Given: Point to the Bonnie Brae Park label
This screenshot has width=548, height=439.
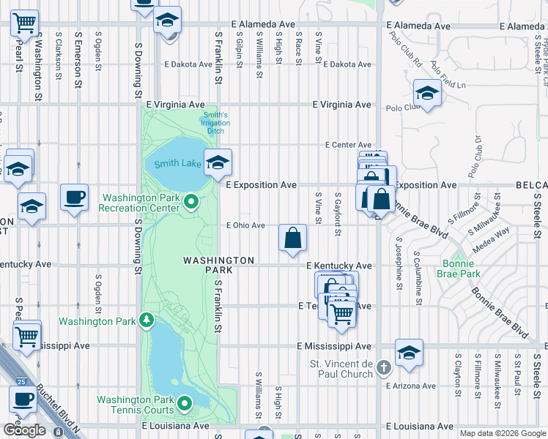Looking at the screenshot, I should click(462, 268).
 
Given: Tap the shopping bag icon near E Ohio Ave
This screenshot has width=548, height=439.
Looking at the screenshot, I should click(292, 237).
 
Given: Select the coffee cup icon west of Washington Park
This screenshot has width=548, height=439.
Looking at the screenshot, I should click(74, 198).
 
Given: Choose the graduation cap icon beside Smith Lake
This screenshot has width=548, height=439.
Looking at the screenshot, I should click(218, 162).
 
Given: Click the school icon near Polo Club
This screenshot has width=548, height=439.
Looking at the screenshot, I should click(426, 94).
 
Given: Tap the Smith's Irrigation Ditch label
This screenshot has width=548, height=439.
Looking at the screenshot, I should click(216, 124).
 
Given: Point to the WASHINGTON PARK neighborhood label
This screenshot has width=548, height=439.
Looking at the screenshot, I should click(218, 260).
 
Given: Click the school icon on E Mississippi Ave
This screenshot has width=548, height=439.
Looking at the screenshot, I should click(409, 353).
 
